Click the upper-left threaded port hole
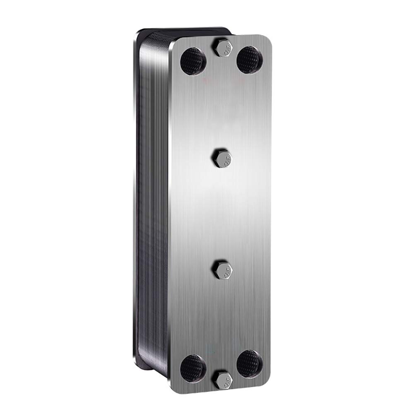pos(193,60)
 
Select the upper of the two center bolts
pos(222,157)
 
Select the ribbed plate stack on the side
pos(155,207)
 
